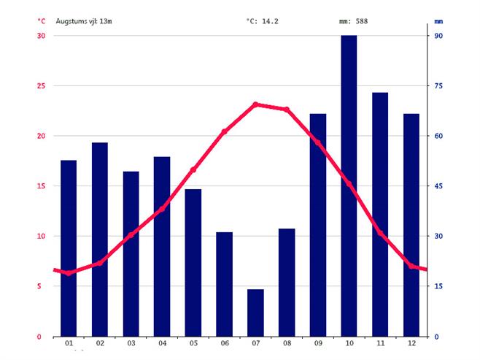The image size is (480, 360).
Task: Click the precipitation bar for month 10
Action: tap(349, 185)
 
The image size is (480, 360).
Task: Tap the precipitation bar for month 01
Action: tap(69, 248)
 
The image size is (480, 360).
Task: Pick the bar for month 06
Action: tap(224, 284)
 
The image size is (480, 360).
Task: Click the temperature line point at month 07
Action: tap(255, 104)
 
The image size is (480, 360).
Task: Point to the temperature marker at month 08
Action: tap(287, 110)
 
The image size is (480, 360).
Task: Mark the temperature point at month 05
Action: tap(193, 169)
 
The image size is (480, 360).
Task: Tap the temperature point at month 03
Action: tap(131, 235)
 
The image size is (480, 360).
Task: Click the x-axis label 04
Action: tap(162, 343)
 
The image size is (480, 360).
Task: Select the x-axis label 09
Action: tap(318, 343)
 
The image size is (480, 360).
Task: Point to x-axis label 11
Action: tap(380, 343)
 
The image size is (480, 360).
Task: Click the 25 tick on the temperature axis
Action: tap(41, 86)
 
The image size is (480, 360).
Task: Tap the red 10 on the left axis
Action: tap(41, 237)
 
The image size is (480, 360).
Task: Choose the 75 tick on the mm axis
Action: tap(439, 86)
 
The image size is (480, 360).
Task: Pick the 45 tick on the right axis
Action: tap(439, 186)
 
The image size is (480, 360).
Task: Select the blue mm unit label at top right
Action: tap(438, 20)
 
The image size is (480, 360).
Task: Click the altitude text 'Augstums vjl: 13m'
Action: tap(84, 20)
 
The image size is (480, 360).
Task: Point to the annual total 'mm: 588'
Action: tap(354, 20)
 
